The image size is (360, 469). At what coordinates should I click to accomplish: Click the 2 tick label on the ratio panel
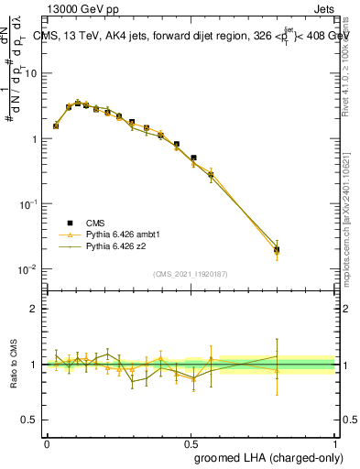pos(34,309)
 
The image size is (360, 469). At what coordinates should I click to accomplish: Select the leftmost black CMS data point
pos(56,125)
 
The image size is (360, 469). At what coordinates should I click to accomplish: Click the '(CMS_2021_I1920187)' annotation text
pos(191,273)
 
